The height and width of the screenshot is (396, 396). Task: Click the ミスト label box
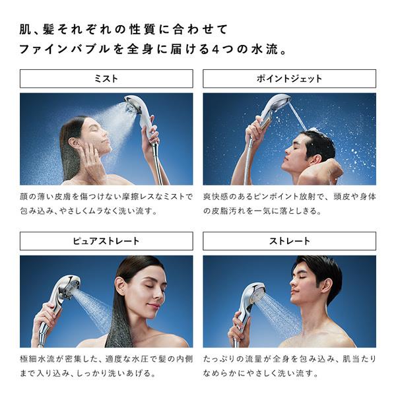pyautogui.click(x=106, y=79)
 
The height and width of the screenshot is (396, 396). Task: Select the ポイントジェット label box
pyautogui.click(x=289, y=79)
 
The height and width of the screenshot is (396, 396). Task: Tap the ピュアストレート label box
pyautogui.click(x=106, y=241)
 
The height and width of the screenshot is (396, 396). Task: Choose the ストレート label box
pyautogui.click(x=289, y=241)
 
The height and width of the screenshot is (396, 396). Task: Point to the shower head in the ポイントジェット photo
pyautogui.click(x=276, y=105)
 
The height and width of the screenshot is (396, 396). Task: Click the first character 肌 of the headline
pyautogui.click(x=25, y=29)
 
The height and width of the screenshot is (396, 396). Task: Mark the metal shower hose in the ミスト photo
pyautogui.click(x=158, y=165)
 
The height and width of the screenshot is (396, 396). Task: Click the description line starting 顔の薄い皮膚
pyautogui.click(x=106, y=197)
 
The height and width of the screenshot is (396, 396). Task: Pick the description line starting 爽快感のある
pyautogui.click(x=289, y=197)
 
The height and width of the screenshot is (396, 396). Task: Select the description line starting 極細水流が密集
pyautogui.click(x=106, y=359)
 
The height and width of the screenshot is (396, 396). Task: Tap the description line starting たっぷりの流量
pyautogui.click(x=289, y=359)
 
